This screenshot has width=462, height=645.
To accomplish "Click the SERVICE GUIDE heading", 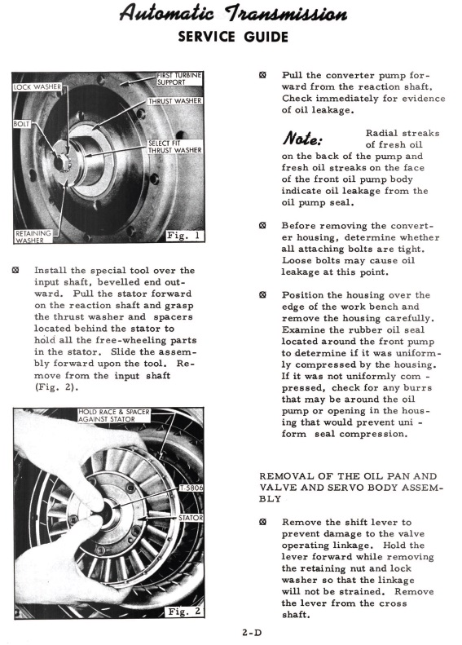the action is pos(233,37).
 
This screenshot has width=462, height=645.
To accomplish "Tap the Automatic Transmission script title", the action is pos(233,13).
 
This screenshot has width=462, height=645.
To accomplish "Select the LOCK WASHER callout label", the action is pos(37,86).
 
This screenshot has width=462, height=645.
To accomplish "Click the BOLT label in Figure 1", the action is pos(22,124).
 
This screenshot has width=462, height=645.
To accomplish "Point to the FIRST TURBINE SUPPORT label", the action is pos(179,78).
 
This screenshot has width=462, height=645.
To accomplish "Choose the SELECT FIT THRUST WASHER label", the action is pos(175,147).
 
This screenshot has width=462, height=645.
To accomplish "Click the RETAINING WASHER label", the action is pos(33,236).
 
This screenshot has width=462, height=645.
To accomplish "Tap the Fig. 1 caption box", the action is pos(184,236).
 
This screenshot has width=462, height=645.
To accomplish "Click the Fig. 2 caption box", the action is pos(184,612).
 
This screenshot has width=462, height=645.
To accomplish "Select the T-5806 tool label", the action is pos(191,488).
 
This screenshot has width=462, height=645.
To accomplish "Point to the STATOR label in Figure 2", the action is pos(191,518).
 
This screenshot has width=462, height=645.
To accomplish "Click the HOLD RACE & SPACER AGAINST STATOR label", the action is pos(114,416).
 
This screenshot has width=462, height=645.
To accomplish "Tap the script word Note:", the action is pos(302,139).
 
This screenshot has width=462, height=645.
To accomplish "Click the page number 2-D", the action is pos(252,633).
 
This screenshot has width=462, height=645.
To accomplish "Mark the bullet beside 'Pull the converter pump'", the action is pos(262,75).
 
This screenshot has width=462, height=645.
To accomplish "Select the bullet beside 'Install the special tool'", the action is pos(15,270).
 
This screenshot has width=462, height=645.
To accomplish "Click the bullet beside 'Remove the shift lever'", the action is pos(262,522).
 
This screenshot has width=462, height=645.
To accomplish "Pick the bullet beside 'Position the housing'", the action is pos(262,295).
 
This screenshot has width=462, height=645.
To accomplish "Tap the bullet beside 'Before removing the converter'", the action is pos(262,225).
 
